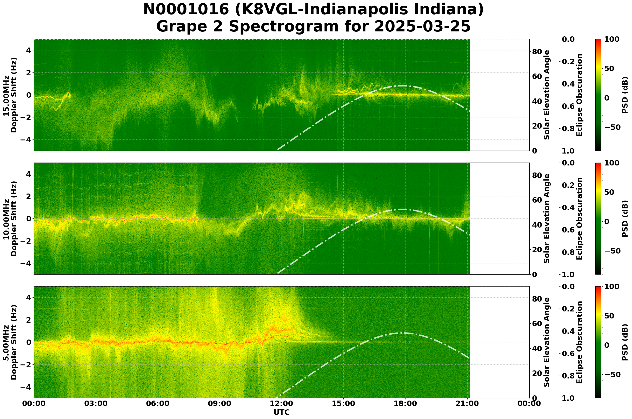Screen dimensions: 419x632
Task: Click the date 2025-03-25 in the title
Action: pyautogui.click(x=422, y=27)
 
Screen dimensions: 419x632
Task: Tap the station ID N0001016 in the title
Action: pyautogui.click(x=186, y=10)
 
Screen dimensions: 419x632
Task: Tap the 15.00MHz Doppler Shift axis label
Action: pyautogui.click(x=10, y=95)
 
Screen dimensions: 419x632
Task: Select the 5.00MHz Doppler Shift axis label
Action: pyautogui.click(x=10, y=342)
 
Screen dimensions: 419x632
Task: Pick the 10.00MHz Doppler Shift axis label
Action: pyautogui.click(x=10, y=218)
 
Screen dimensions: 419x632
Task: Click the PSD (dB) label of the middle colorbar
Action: pyautogui.click(x=625, y=218)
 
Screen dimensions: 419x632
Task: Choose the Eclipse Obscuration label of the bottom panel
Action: pyautogui.click(x=579, y=342)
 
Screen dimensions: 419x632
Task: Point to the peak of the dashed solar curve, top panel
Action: pyautogui.click(x=402, y=86)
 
